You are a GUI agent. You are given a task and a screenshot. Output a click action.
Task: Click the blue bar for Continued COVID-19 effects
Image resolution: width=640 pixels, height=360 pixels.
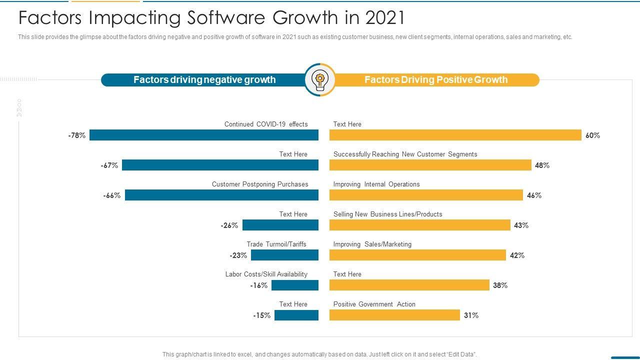click(204, 135)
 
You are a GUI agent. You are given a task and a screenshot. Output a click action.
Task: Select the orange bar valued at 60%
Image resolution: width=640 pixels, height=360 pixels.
click(455, 135)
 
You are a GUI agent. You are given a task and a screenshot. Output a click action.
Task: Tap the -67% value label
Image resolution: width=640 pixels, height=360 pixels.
click(109, 165)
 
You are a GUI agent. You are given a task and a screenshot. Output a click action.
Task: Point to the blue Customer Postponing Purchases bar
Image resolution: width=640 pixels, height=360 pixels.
click(221, 195)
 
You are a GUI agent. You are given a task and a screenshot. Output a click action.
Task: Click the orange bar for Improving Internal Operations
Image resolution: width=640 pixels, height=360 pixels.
click(426, 195)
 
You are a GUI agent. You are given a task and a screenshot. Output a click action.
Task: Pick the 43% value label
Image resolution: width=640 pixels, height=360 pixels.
click(521, 225)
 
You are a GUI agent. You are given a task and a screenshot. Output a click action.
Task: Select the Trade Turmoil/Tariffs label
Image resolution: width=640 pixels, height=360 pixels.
click(276, 244)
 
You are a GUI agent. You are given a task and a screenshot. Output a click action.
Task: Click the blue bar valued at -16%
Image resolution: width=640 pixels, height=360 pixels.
click(295, 285)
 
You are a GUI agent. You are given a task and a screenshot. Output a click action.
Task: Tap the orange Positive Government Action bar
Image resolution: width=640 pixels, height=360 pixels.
click(394, 315)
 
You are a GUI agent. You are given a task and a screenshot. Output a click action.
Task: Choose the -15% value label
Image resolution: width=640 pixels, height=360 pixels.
click(261, 315)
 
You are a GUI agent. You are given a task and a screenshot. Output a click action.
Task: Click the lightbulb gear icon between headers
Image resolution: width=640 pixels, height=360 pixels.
click(319, 79)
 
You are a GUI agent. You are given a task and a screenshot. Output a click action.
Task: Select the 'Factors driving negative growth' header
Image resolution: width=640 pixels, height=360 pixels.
click(204, 80)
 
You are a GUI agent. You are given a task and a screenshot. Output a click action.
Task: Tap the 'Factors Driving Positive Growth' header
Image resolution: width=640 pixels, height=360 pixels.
click(436, 80)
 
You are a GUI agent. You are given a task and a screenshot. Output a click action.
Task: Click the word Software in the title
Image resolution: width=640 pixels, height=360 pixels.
click(228, 18)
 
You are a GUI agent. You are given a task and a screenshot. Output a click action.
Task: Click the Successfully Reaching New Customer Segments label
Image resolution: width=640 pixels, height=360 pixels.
click(405, 154)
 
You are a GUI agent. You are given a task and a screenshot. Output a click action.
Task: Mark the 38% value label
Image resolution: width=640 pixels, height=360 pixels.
click(500, 285)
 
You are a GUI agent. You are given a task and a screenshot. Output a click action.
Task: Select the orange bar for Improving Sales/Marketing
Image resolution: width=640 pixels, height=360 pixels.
click(417, 255)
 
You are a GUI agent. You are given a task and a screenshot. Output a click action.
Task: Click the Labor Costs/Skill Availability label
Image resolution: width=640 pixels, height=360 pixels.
click(266, 274)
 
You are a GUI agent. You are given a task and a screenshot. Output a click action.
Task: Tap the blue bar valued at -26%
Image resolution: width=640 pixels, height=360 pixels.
click(280, 225)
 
